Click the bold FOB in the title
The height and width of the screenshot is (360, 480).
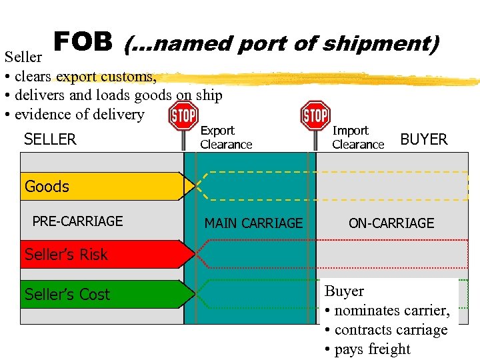pyautogui.click(x=83, y=43)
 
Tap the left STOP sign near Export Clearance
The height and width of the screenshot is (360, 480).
pyautogui.click(x=183, y=115)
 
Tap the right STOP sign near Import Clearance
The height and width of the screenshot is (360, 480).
pyautogui.click(x=315, y=115)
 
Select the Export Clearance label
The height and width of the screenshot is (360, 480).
pyautogui.click(x=226, y=137)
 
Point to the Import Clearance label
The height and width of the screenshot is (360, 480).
pyautogui.click(x=358, y=137)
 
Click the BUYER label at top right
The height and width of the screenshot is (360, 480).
pyautogui.click(x=424, y=139)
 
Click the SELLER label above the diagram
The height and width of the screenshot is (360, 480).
pyautogui.click(x=50, y=139)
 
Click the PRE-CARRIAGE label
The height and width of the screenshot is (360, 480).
pyautogui.click(x=78, y=221)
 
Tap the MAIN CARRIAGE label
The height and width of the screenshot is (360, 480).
pyautogui.click(x=253, y=223)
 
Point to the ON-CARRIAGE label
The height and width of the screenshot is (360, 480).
pyautogui.click(x=391, y=223)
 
